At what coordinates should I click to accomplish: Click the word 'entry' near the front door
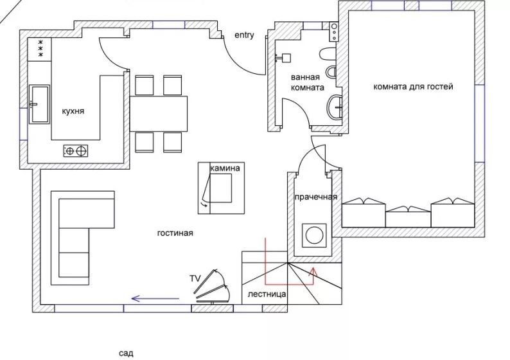tap(244, 35)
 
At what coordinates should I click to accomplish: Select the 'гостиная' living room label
tap(175, 233)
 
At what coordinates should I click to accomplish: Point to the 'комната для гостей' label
tap(413, 86)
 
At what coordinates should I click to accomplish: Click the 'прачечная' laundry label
tap(316, 197)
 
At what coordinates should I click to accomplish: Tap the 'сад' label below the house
tap(126, 353)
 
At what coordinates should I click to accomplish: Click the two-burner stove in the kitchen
tap(75, 151)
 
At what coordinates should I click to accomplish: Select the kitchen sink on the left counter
tap(39, 104)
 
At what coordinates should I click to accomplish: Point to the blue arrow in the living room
tap(155, 298)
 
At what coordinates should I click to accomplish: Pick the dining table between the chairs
tap(159, 113)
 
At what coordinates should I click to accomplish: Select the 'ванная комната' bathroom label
tap(306, 82)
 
